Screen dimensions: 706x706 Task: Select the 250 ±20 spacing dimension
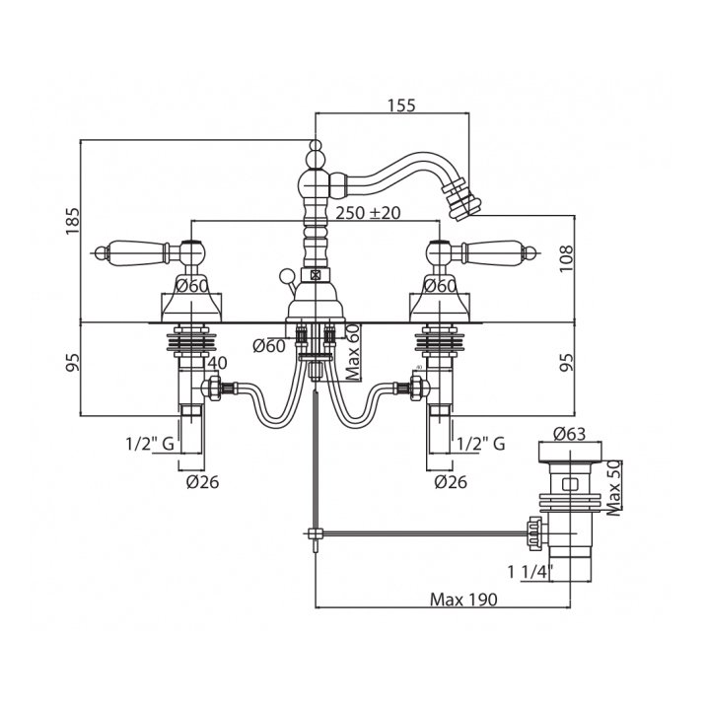(x=369, y=212)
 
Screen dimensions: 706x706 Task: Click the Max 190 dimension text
(x=462, y=599)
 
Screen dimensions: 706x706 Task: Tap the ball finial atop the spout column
(x=315, y=153)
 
